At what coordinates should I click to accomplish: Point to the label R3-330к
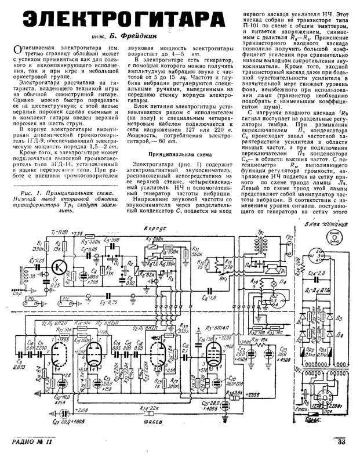[92, 239]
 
